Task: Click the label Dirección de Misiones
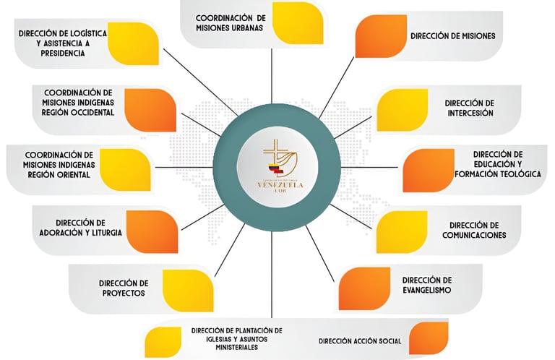point(462,35)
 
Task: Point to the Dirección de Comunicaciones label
point(473,230)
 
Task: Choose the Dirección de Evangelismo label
point(427,285)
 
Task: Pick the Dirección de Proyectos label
point(124,288)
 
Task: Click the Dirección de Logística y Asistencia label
point(63,43)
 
